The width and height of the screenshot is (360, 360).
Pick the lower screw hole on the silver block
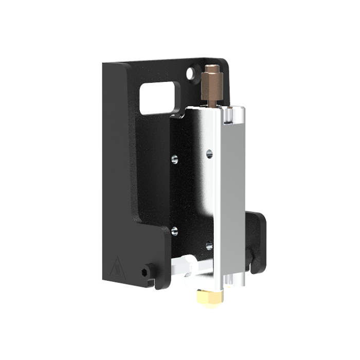pyautogui.click(x=208, y=245)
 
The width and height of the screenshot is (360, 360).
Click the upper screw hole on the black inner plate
pyautogui.click(x=175, y=159)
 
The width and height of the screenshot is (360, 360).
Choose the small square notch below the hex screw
pyautogui.click(x=150, y=281)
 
